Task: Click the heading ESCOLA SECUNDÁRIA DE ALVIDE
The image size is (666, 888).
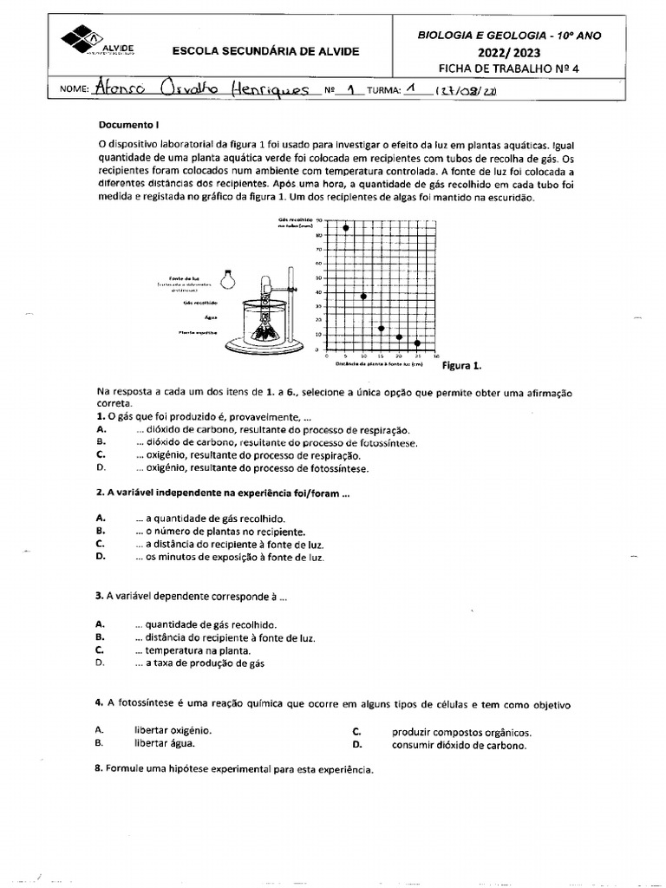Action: coord(266,51)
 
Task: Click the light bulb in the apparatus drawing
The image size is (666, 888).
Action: coord(227,278)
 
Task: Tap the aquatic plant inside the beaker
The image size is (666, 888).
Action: coord(266,329)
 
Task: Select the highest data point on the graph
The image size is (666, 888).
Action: coord(345,227)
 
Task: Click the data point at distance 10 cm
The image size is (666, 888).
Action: coord(363,297)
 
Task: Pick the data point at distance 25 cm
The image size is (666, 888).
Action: coord(417,343)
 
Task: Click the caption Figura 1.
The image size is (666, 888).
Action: coord(461,366)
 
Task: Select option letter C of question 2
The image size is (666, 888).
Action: coord(101,544)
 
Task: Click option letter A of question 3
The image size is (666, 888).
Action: coord(101,623)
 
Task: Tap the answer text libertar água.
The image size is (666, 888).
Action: coord(164,743)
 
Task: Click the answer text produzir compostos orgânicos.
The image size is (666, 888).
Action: coord(460,732)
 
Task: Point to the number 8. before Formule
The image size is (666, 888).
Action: coord(100,769)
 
